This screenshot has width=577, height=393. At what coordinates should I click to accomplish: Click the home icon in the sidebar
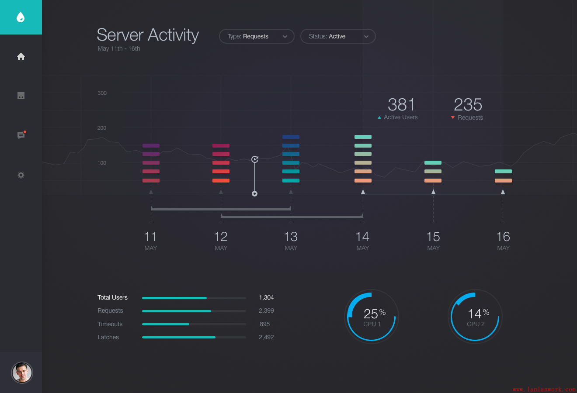(21, 56)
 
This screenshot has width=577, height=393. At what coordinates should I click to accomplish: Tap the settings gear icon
(21, 175)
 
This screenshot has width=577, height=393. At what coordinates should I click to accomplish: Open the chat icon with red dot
(21, 135)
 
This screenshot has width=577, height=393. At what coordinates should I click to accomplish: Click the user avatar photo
(22, 372)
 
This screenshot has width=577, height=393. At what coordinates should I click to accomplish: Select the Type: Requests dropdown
(257, 36)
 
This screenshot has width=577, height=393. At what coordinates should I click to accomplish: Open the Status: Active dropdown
(338, 36)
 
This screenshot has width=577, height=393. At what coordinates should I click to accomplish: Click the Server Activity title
(148, 35)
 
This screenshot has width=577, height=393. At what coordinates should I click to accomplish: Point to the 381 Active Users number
(401, 105)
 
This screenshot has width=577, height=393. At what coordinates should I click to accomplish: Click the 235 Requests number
(468, 105)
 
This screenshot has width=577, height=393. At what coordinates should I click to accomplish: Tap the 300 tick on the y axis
(102, 93)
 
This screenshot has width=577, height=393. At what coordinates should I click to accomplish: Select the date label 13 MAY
(291, 241)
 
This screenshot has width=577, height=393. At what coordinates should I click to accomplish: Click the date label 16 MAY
(503, 241)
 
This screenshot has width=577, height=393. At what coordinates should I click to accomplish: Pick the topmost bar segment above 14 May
(363, 137)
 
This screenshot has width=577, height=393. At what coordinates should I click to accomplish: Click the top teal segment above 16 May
(503, 171)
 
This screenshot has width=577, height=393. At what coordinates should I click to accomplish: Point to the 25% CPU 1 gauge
(372, 317)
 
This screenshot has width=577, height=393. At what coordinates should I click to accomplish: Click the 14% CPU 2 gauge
(476, 317)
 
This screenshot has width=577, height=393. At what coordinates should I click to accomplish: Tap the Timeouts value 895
(264, 324)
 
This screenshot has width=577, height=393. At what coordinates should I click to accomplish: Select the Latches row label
(108, 337)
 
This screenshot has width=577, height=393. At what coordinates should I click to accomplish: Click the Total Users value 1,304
(266, 297)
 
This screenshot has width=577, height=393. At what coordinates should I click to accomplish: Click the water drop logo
(21, 17)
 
